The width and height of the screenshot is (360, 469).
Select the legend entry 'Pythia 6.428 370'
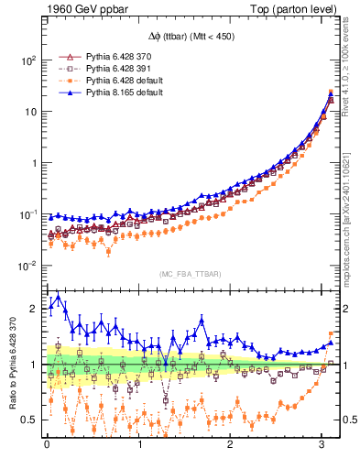pos(108,57)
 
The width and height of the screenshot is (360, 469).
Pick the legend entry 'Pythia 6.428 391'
pos(108,69)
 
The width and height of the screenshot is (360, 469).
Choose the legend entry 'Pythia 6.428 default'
pos(113,81)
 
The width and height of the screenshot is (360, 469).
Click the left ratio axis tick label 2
pos(33,309)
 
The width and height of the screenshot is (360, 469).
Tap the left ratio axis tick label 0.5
pos(29,420)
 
